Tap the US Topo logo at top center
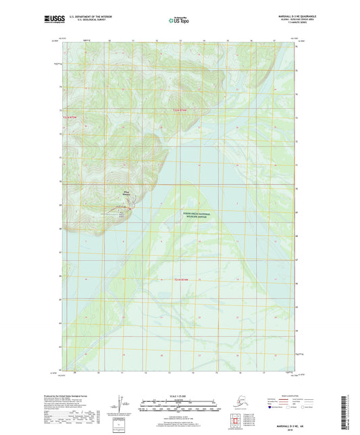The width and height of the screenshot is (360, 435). [179, 21]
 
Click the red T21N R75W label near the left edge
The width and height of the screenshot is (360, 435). [61, 118]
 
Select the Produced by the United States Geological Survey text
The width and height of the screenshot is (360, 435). [70, 396]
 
